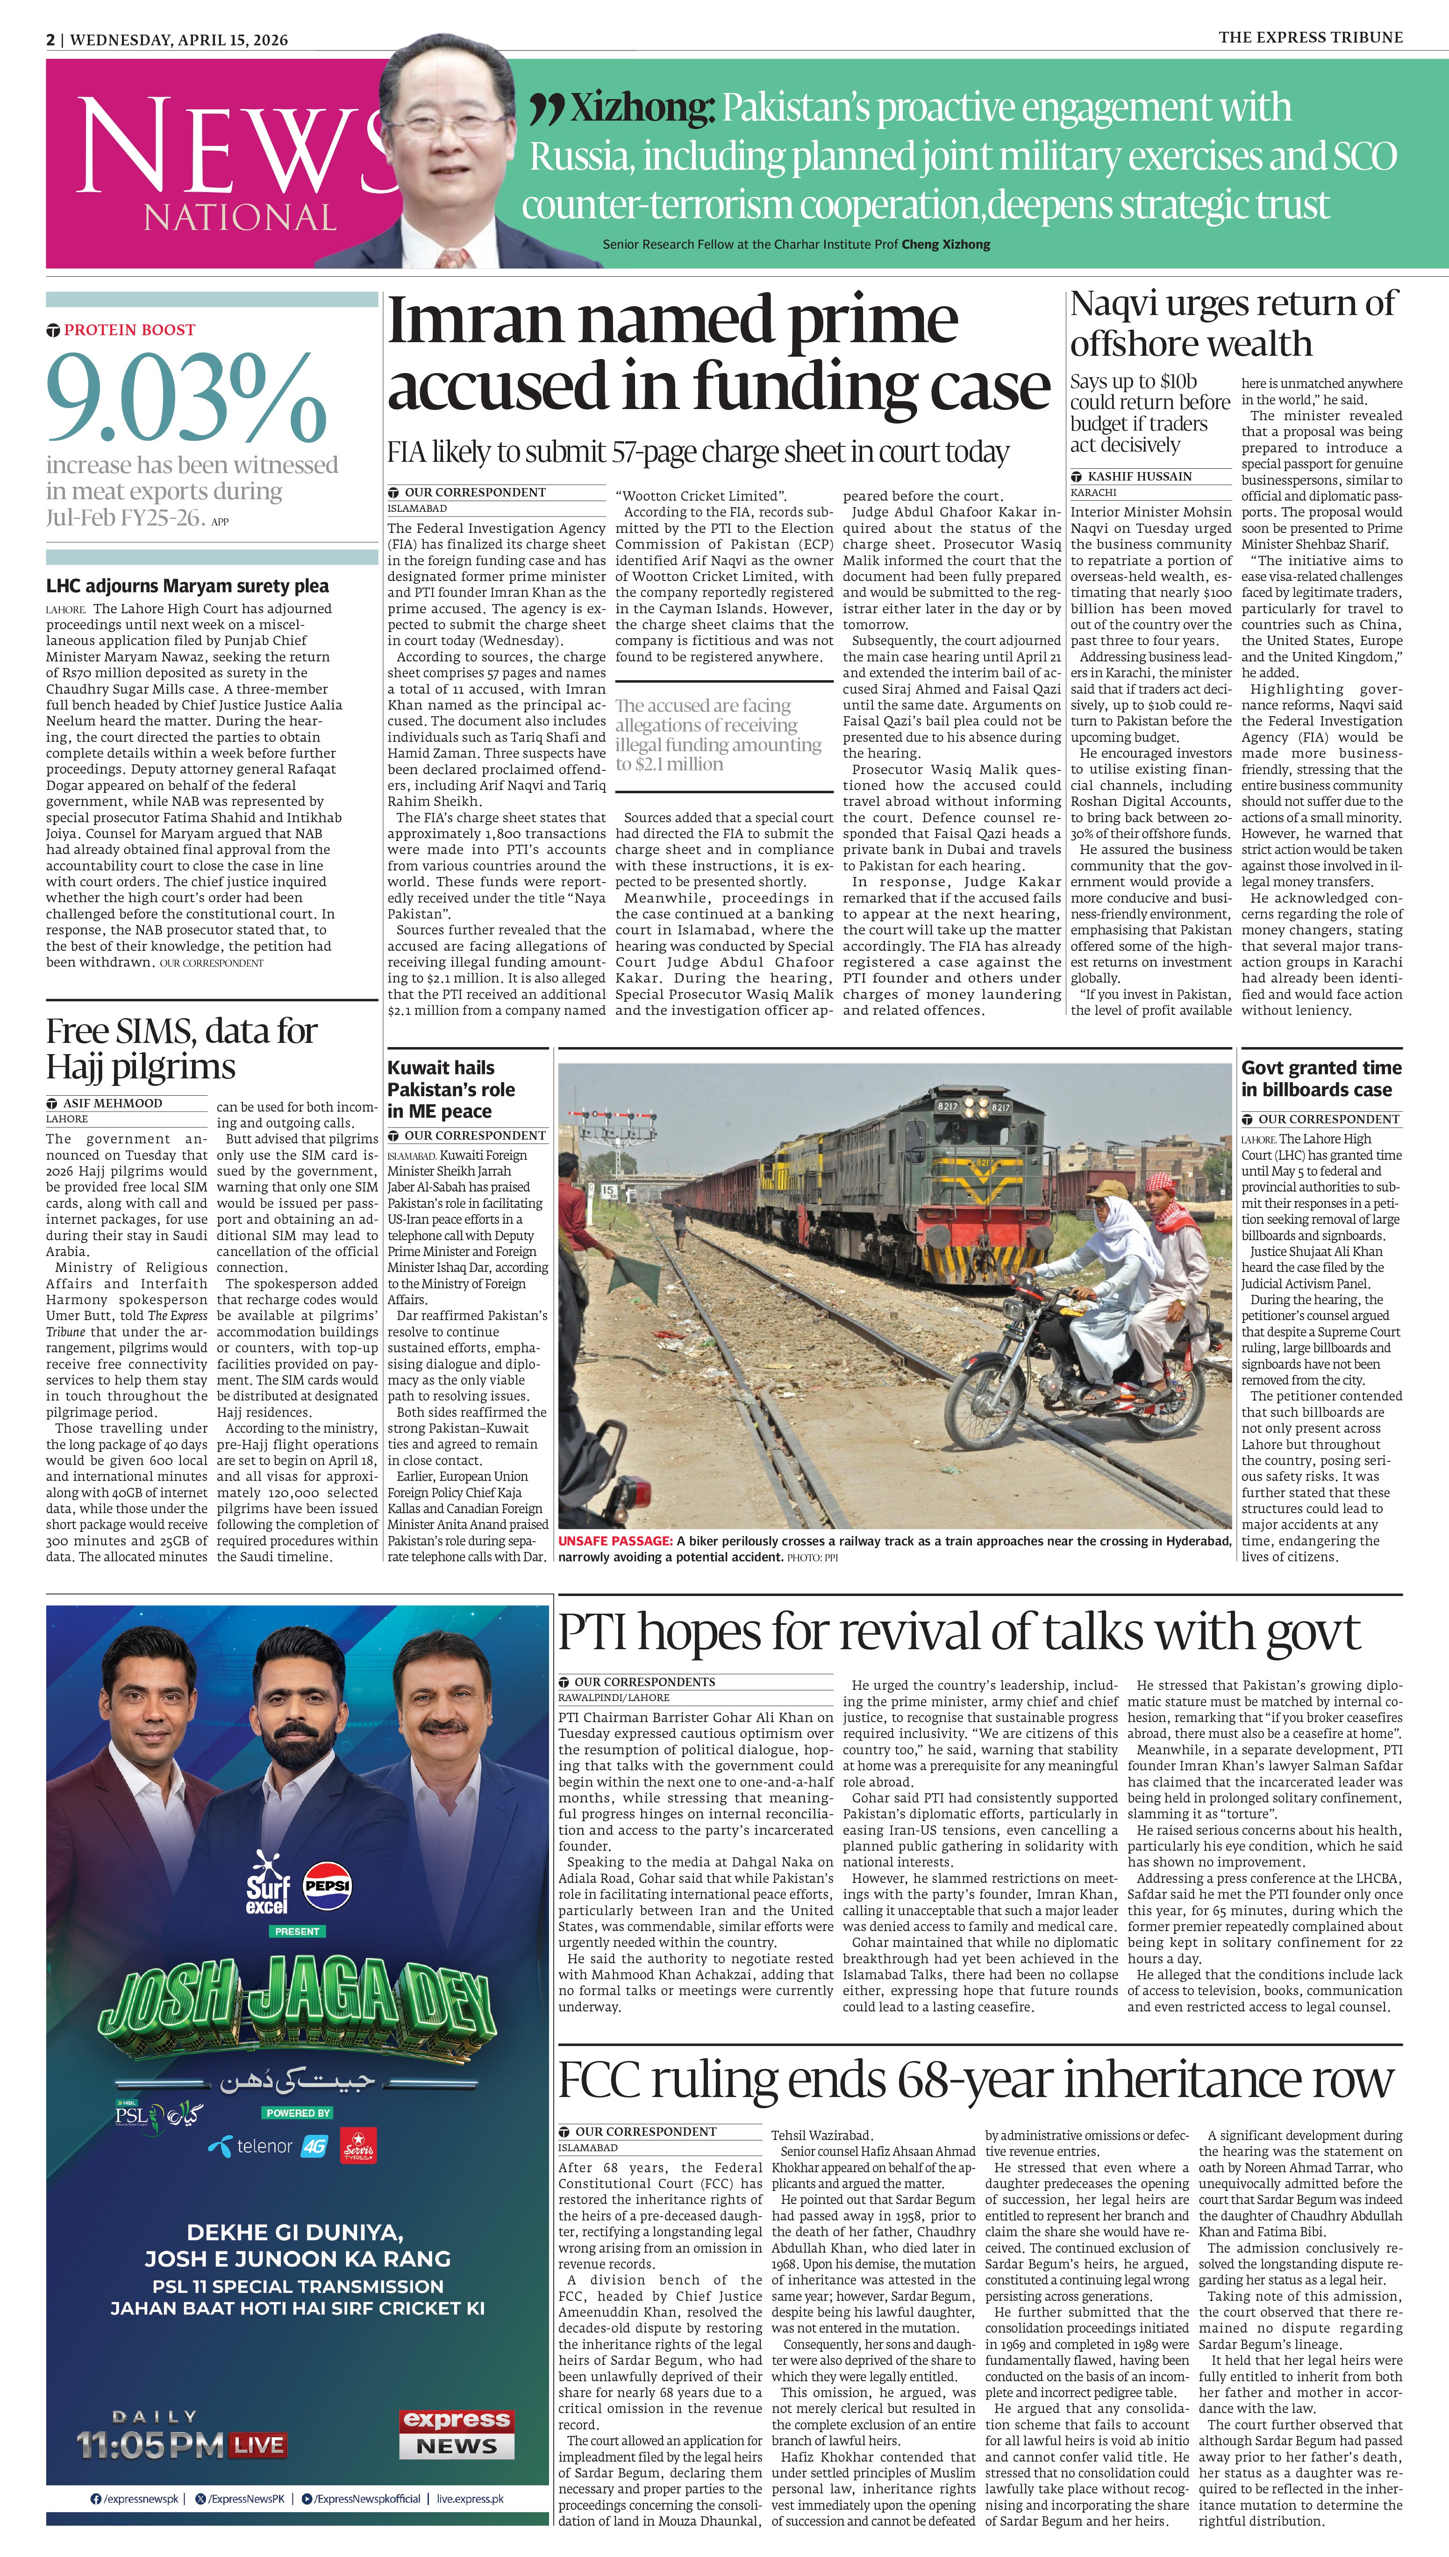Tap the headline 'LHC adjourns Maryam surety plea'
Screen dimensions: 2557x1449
pos(187,586)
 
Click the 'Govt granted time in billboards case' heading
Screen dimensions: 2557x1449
pos(1321,1078)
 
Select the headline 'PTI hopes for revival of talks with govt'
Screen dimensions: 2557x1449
pos(958,1633)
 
